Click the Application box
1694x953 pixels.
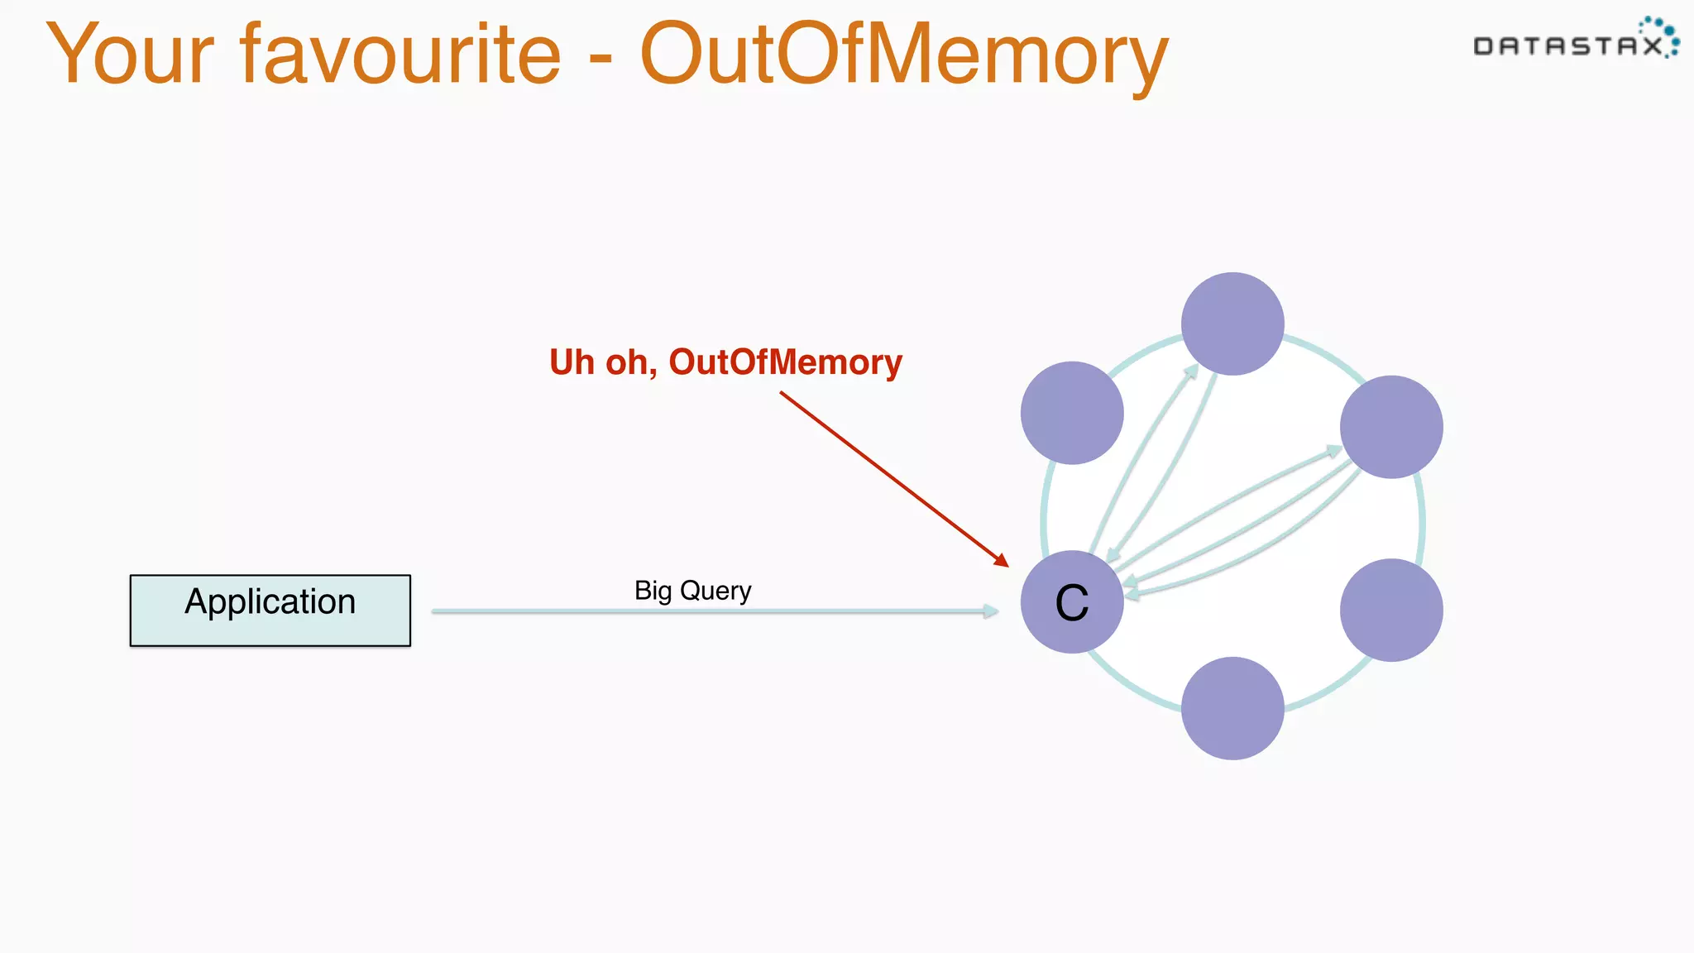pyautogui.click(x=270, y=611)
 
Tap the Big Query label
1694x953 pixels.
pyautogui.click(x=692, y=591)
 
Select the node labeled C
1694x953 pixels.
pyautogui.click(x=1072, y=602)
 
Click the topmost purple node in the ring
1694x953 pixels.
pyautogui.click(x=1232, y=323)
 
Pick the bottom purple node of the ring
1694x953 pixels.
pyautogui.click(x=1232, y=708)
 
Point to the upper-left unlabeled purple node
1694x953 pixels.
pyautogui.click(x=1072, y=413)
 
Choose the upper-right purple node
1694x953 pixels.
pyautogui.click(x=1391, y=427)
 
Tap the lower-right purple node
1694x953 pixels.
pyautogui.click(x=1391, y=611)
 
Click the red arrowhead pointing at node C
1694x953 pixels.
pyautogui.click(x=1002, y=561)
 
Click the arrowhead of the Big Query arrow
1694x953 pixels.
pyautogui.click(x=991, y=611)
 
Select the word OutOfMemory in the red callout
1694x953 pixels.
pyautogui.click(x=785, y=362)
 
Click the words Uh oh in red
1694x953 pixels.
pyautogui.click(x=603, y=362)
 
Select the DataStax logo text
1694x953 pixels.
pyautogui.click(x=1567, y=46)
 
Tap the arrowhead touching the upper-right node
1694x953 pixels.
pyautogui.click(x=1333, y=451)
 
